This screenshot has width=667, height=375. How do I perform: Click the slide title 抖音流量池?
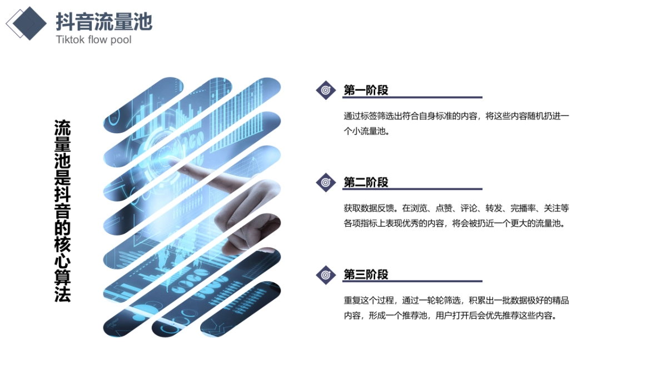(104, 22)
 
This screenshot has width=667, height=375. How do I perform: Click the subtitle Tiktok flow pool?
(93, 40)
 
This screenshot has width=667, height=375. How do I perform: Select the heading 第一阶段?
(366, 90)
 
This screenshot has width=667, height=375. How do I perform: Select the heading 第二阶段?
(366, 182)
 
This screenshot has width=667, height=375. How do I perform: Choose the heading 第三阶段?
(366, 274)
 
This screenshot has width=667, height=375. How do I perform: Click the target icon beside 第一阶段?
(326, 90)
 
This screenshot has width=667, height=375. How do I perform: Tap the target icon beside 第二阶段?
(326, 182)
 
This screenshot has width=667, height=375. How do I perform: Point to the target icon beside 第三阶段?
(326, 274)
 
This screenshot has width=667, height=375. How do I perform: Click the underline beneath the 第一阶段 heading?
(412, 98)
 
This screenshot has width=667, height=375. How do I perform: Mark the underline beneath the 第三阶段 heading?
(412, 282)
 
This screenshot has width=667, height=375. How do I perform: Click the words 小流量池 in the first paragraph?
(370, 132)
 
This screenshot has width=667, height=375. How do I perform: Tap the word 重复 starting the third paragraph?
(351, 301)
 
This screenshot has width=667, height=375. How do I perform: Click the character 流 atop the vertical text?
(62, 127)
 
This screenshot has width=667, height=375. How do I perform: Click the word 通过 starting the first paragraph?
(351, 117)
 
